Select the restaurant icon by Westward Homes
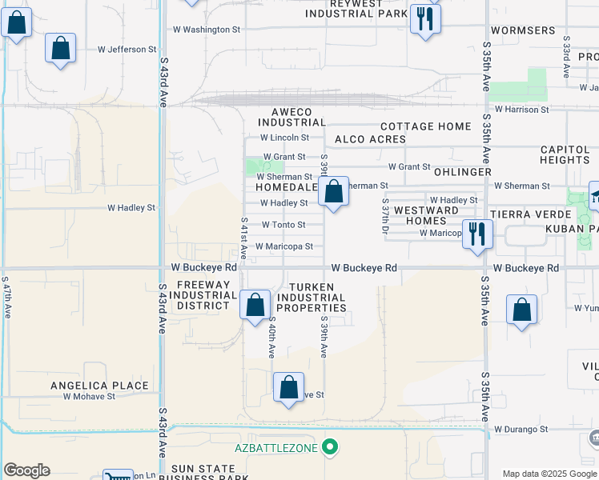(x=477, y=234)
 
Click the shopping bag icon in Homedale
(x=334, y=193)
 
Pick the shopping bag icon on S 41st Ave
(x=255, y=305)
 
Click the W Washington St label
(x=207, y=30)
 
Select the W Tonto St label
(x=283, y=226)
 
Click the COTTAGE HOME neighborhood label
(x=426, y=126)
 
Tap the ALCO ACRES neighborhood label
(x=370, y=139)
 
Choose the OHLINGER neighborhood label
(x=462, y=172)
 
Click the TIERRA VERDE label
(x=531, y=214)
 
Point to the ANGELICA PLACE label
(x=99, y=386)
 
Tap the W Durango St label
(x=521, y=429)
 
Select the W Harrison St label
(x=522, y=109)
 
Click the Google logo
(x=26, y=470)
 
